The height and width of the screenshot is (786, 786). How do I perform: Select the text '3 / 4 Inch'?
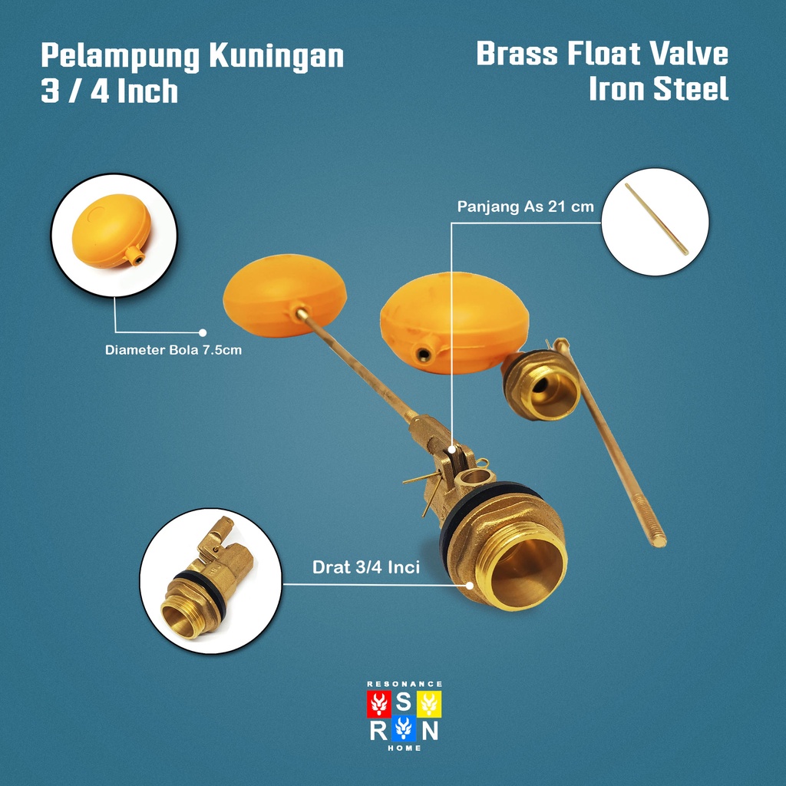tap(109, 91)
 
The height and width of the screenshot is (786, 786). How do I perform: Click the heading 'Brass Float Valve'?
tap(602, 55)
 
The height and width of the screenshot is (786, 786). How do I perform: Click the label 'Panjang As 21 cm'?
tap(525, 207)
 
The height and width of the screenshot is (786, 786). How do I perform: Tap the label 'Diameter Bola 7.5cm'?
tap(173, 352)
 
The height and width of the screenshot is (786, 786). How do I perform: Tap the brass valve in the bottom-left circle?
tap(201, 580)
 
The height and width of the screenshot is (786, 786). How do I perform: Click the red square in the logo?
tap(380, 702)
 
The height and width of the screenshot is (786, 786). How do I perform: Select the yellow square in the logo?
tap(429, 702)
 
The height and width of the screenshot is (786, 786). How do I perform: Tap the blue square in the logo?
tap(405, 728)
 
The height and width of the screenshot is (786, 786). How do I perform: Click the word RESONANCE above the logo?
tap(405, 683)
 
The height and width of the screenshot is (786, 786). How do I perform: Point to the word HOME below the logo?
tap(405, 748)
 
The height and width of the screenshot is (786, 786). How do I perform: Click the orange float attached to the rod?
tap(284, 295)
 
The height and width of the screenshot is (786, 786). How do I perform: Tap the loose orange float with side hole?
tap(454, 322)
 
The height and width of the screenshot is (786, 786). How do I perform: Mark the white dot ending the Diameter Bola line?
tap(203, 332)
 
